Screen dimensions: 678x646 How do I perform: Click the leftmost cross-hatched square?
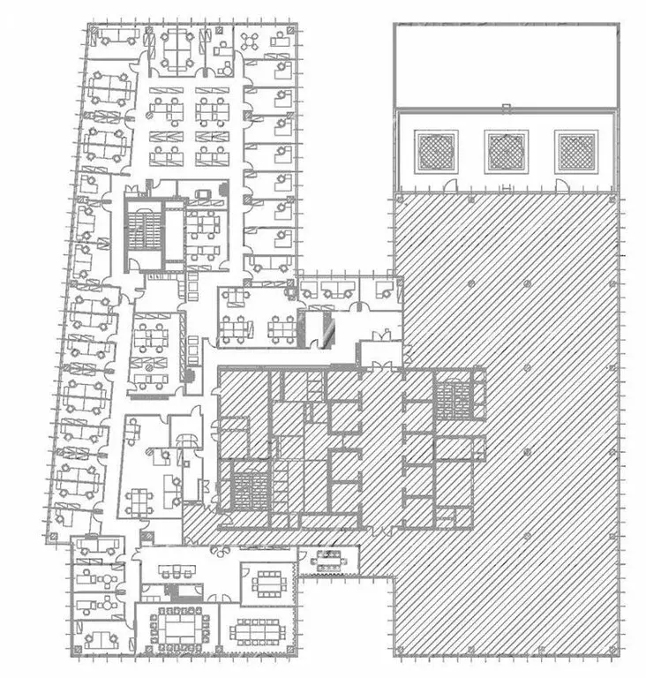(436, 152)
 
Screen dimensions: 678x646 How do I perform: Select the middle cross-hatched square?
(507, 152)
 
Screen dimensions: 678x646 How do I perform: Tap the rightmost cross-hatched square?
(577, 152)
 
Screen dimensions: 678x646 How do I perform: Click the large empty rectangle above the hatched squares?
(506, 64)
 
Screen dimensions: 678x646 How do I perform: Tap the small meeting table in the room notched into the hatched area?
(328, 558)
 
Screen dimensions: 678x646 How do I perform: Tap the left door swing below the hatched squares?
(450, 185)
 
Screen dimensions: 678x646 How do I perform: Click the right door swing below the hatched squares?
(561, 185)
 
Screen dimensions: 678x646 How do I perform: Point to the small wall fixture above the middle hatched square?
(506, 109)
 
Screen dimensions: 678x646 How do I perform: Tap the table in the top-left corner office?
(117, 37)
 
